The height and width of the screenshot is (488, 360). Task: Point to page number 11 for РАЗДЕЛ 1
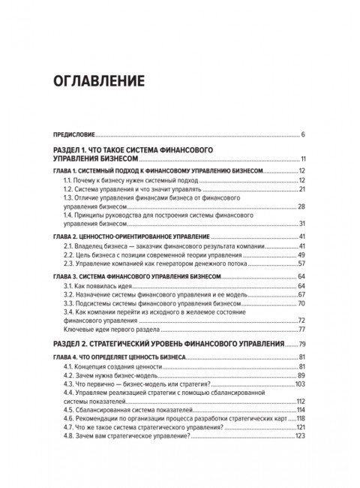tap(300, 159)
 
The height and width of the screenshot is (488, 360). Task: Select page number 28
tap(300, 206)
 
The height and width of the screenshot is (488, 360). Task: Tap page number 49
tap(300, 256)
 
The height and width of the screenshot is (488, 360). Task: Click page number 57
tap(300, 265)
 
